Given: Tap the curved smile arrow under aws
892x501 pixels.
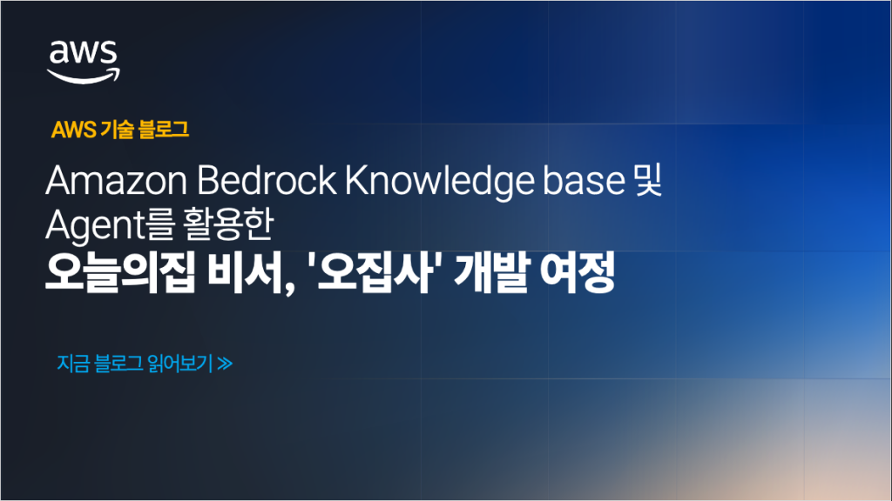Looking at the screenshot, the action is click(x=83, y=77).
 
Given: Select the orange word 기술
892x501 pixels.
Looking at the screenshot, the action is click(x=117, y=130).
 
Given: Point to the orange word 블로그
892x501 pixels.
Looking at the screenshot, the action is click(x=163, y=130).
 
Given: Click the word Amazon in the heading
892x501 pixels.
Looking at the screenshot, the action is click(x=116, y=181).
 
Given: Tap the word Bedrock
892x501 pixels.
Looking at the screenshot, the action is click(x=267, y=180).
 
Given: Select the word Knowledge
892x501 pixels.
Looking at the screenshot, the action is click(x=439, y=182).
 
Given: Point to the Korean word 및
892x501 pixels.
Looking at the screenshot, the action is click(x=648, y=180).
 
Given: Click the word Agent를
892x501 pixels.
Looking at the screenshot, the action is click(x=111, y=225).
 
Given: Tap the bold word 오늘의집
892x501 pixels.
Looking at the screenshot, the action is click(x=120, y=272).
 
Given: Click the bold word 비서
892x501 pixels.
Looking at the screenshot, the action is click(x=251, y=272).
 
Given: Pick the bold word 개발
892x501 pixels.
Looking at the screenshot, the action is click(x=491, y=272).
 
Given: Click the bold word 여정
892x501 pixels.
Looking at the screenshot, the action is click(x=577, y=272).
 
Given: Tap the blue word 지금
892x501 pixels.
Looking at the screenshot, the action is click(x=73, y=364).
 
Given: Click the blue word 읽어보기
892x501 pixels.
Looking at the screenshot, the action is click(x=179, y=364).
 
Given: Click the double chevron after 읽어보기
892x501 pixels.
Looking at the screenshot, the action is click(x=225, y=364).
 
